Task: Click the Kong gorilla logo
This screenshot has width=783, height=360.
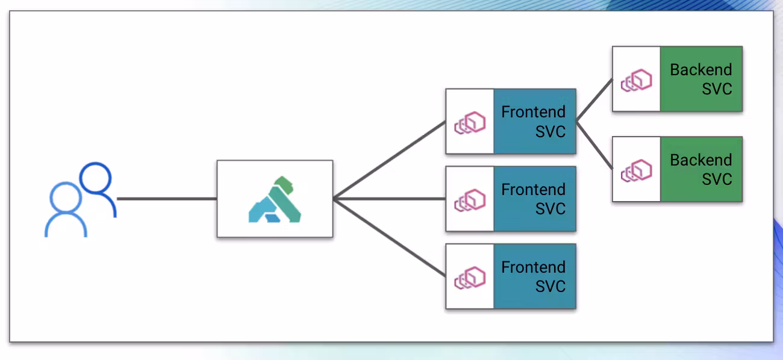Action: (274, 199)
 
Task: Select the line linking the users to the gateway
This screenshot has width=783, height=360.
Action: (167, 199)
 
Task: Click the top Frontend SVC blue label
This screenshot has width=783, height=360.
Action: (534, 121)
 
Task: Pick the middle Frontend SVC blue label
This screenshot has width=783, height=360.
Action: (534, 199)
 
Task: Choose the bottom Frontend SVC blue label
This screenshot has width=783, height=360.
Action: (534, 276)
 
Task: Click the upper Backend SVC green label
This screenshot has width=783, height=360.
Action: (701, 79)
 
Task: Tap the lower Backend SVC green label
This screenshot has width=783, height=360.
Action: (701, 169)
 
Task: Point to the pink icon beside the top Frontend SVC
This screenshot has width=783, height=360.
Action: (470, 122)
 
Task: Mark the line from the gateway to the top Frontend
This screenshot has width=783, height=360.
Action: (389, 160)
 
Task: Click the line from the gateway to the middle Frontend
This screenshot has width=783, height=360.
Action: (389, 199)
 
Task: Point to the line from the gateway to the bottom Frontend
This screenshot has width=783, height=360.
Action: (389, 237)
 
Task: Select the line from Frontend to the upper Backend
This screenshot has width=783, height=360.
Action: (594, 101)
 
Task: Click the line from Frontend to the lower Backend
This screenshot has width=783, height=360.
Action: (594, 144)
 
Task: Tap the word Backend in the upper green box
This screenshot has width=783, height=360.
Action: (701, 70)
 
